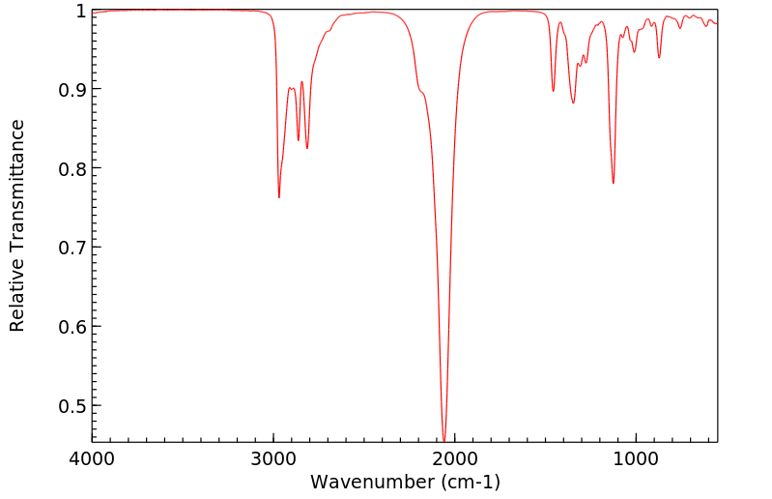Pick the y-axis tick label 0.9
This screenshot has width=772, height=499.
point(71,90)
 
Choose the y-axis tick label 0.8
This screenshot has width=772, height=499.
point(71,168)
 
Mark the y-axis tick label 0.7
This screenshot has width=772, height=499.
point(71,248)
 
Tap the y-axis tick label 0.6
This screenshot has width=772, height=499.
point(71,326)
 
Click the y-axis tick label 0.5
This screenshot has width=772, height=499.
point(71,405)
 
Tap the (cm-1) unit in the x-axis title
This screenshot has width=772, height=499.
point(470,482)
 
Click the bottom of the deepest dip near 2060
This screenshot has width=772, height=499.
point(443,441)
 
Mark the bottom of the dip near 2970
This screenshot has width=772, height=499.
point(278,197)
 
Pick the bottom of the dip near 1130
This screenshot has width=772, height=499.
point(613,183)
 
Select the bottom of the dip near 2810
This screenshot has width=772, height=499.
point(307,148)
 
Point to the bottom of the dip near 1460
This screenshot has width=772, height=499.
point(553,91)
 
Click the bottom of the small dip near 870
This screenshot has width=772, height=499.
point(659,57)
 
